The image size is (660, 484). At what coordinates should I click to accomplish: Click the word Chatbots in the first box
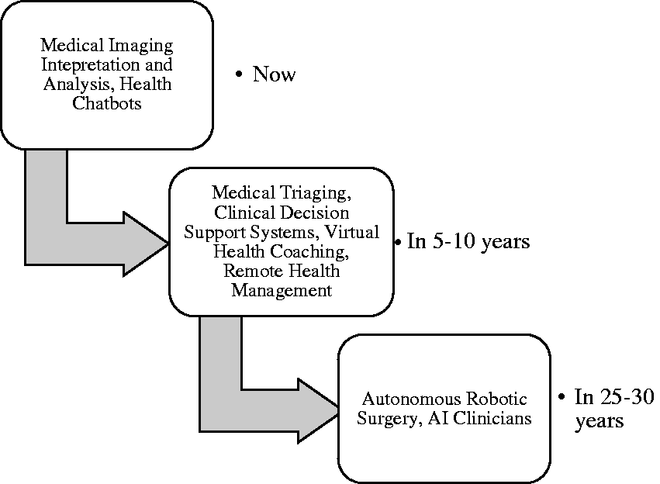point(106,103)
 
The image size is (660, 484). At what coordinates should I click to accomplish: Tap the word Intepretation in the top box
point(91,64)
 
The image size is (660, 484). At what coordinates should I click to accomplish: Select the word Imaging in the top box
point(140,46)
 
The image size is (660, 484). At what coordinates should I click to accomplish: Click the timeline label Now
point(274,74)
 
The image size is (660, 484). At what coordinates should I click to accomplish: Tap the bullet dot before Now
point(239,74)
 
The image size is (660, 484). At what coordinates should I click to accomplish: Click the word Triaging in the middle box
point(316,193)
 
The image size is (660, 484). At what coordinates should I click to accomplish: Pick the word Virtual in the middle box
point(352,232)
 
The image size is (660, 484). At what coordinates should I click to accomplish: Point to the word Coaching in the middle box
point(309,251)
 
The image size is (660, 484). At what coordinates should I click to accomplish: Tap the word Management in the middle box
point(282,290)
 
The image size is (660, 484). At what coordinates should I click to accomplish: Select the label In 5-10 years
point(468,241)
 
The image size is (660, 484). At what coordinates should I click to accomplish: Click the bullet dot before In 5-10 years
point(398,243)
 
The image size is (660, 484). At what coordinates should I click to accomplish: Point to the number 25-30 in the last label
point(627,397)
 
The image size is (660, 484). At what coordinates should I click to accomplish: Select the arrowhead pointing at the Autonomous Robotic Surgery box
point(318,411)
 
